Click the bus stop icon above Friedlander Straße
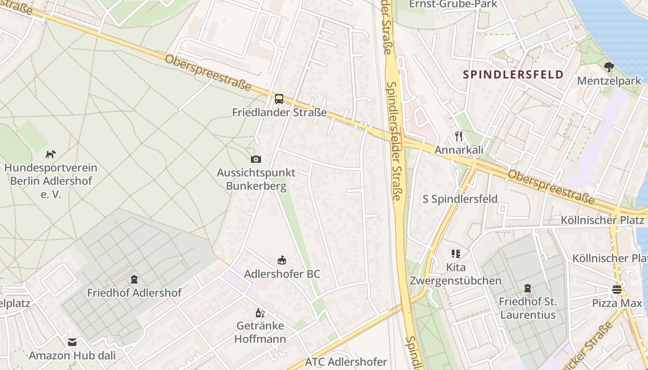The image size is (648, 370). click(279, 99)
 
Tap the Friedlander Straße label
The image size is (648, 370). click(279, 112)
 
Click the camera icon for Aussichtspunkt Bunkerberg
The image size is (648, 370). click(256, 160)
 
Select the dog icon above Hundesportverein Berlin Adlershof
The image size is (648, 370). click(51, 154)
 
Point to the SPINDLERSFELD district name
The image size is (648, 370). click(513, 74)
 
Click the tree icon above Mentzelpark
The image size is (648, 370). click(609, 67)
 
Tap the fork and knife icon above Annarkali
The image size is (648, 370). click(459, 136)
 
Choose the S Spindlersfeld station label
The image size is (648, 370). click(460, 199)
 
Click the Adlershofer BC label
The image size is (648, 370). click(282, 274)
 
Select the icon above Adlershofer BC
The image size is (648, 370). click(282, 260)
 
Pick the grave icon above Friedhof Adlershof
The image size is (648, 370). click(134, 279)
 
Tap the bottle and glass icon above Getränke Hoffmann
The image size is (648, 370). click(260, 313)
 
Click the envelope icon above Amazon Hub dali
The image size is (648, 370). click(72, 342)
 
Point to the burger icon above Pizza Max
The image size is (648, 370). click(617, 290)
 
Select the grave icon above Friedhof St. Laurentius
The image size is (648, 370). click(527, 289)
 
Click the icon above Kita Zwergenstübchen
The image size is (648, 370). click(456, 254)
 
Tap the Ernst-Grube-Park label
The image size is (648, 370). click(453, 4)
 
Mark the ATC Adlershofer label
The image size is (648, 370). click(346, 362)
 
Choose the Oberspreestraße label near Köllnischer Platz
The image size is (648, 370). click(551, 187)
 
